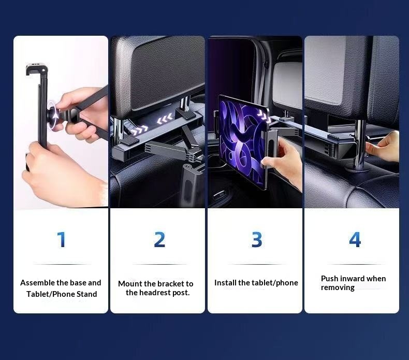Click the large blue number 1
pyautogui.click(x=61, y=240)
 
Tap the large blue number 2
pyautogui.click(x=159, y=240)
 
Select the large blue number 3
pyautogui.click(x=257, y=240)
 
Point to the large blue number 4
pyautogui.click(x=355, y=240)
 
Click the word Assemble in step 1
pyautogui.click(x=37, y=283)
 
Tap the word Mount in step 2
pyautogui.click(x=129, y=284)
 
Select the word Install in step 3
pyautogui.click(x=225, y=283)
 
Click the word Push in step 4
pyautogui.click(x=330, y=279)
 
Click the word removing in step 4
pyautogui.click(x=338, y=287)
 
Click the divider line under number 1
pyautogui.click(x=61, y=265)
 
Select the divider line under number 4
pyautogui.click(x=355, y=265)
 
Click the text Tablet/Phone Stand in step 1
pyautogui.click(x=62, y=294)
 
